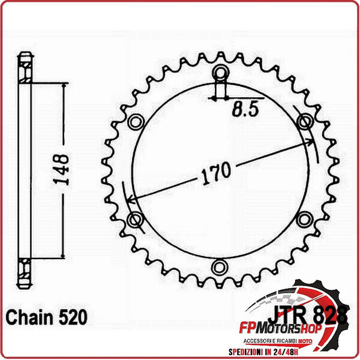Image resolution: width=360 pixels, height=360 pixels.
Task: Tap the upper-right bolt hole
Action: (x=305, y=122)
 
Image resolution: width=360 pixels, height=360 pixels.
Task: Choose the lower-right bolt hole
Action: (x=305, y=218)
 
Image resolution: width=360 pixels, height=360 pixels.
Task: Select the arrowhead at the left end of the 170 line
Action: (x=131, y=201)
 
